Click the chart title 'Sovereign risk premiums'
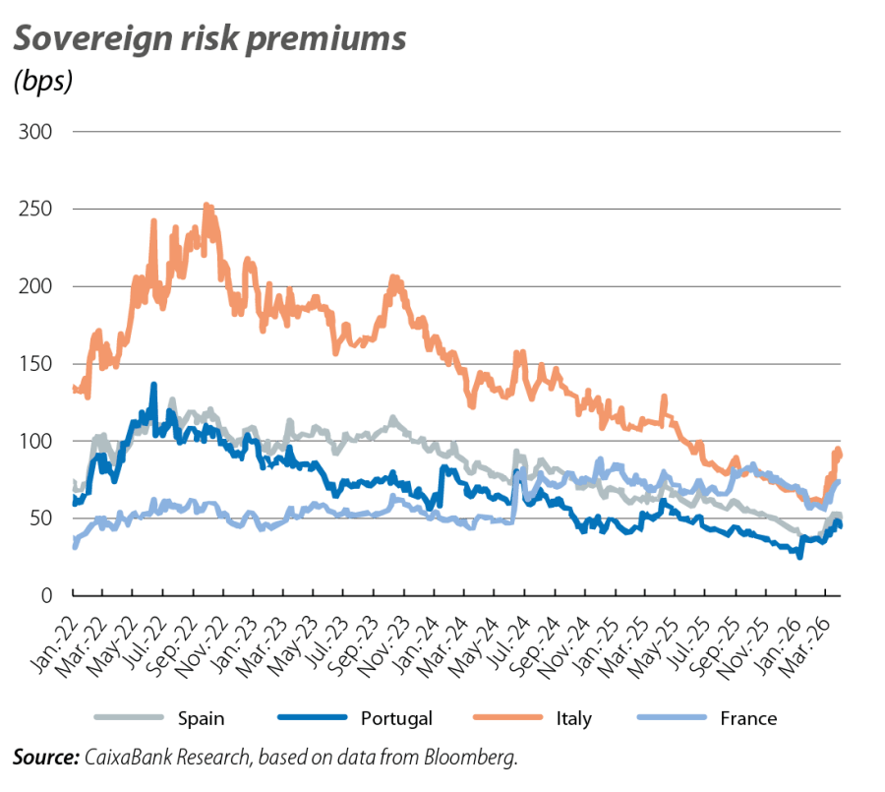tap(208, 39)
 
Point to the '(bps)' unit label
tap(43, 83)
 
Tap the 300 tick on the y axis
tap(35, 132)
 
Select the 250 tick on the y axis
tap(35, 210)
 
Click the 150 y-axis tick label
tap(35, 364)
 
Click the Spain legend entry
tap(202, 718)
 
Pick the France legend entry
tap(749, 718)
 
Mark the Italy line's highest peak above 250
tap(206, 206)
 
